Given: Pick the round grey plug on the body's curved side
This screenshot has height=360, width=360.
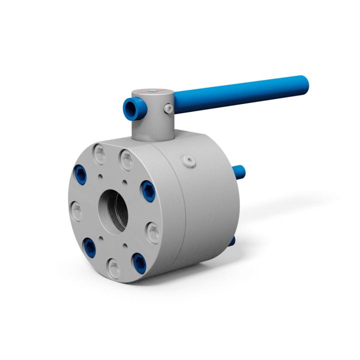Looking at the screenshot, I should coord(188,160).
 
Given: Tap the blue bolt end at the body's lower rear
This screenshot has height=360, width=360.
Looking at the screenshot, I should coord(231,241).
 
